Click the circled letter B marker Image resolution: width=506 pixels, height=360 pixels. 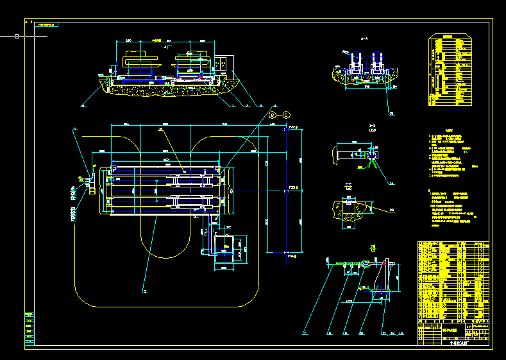271,114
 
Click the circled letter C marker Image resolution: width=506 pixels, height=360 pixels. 286,114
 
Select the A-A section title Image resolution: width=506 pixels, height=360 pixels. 364,39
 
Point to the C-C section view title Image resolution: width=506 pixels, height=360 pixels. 348,185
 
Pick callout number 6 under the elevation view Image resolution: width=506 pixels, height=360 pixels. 83,104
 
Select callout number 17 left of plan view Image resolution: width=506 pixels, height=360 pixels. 74,130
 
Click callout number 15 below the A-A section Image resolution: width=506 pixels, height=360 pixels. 392,114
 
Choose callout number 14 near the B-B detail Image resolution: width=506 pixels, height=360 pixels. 391,184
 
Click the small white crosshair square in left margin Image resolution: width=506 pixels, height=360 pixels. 17,37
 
